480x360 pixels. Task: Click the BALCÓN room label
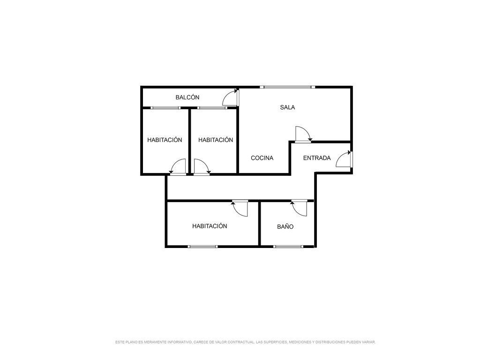(187, 97)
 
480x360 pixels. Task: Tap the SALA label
(287, 107)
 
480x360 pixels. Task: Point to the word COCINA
(262, 158)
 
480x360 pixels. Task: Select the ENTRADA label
(317, 158)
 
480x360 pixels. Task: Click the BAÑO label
(285, 226)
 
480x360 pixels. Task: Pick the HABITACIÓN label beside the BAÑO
(210, 226)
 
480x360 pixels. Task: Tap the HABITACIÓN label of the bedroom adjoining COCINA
(216, 140)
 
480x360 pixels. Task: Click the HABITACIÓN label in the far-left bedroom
(165, 140)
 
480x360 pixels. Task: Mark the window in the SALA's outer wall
(287, 87)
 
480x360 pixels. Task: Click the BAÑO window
(288, 247)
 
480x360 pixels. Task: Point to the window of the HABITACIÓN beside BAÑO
(202, 247)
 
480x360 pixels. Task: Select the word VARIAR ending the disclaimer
(369, 342)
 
